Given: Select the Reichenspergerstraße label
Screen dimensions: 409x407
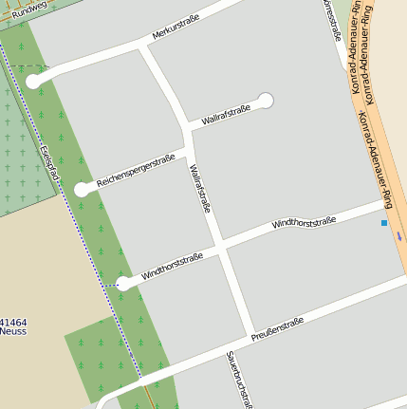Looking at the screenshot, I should coord(136,168).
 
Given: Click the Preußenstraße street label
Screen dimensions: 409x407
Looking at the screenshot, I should coord(277,329).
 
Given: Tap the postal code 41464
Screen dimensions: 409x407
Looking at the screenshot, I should coord(13,323).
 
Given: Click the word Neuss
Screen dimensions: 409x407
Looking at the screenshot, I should coord(13,332).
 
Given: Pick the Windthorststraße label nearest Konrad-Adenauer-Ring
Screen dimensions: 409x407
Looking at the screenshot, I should coord(304,224).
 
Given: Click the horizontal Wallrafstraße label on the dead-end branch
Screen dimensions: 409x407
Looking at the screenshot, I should coord(226,114).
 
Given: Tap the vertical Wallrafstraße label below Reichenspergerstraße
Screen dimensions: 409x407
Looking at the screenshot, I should coord(199,190).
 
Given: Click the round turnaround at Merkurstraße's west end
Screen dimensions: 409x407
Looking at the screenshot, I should coord(33,82).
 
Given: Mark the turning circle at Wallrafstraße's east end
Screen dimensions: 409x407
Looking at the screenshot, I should coord(266,100).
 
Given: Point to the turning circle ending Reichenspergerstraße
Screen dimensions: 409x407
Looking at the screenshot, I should coord(83,189).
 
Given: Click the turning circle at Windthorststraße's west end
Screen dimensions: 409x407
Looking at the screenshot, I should coord(122,283).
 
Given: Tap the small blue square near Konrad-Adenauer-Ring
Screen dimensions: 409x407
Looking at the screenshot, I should coord(384,223).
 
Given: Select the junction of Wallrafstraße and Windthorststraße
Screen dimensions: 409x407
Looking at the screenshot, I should coord(220,250).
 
